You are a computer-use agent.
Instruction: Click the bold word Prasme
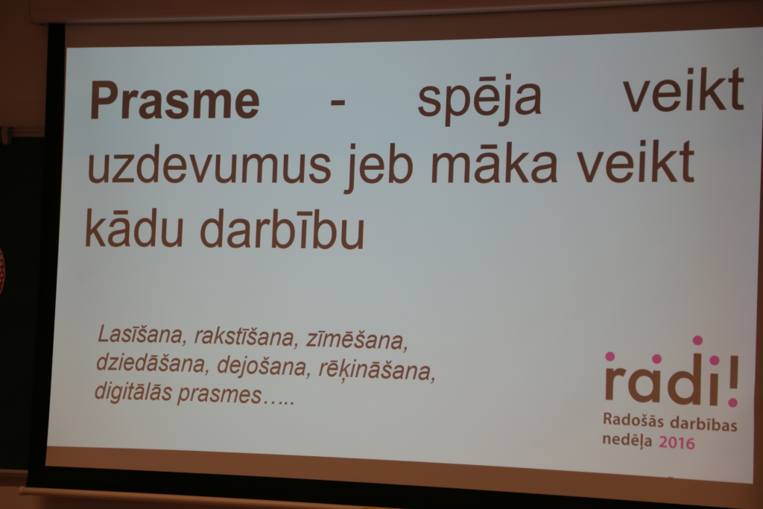(x=174, y=100)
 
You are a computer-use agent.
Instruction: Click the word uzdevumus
(x=209, y=164)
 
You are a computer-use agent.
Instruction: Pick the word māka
(x=493, y=161)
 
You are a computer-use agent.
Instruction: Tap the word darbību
(x=282, y=229)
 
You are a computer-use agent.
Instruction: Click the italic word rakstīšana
(x=246, y=338)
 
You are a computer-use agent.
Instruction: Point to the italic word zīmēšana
(x=357, y=340)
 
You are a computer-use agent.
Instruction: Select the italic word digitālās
(x=133, y=392)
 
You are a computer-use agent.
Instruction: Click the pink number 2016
(x=677, y=443)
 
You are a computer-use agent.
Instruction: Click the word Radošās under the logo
(x=633, y=420)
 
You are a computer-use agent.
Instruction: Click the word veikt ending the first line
(x=683, y=90)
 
